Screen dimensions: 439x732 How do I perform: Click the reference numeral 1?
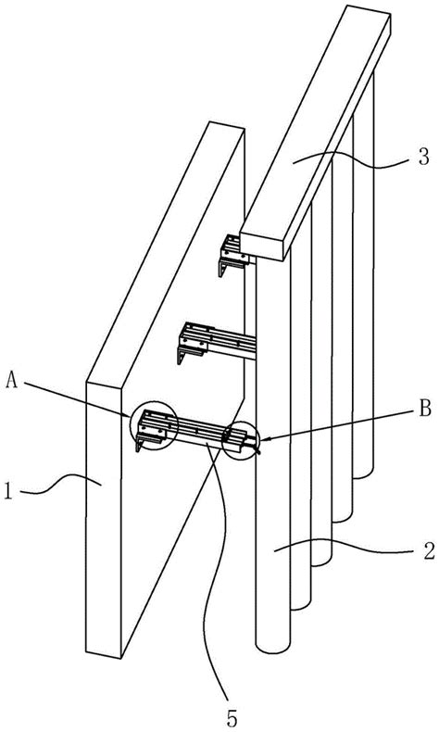pos(9,493)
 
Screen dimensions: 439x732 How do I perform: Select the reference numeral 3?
pos(422,158)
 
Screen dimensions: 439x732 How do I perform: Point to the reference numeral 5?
pos(232,719)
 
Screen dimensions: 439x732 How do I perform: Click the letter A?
pos(13,382)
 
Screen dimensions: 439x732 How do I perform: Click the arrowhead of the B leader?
pos(261,438)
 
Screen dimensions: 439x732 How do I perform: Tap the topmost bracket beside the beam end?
pos(232,255)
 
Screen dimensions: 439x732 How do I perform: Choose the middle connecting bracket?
pos(216,342)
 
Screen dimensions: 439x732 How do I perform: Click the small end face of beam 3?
pos(261,245)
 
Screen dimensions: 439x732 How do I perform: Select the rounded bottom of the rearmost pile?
pos(363,473)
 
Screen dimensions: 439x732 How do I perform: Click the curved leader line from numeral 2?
pos(345,546)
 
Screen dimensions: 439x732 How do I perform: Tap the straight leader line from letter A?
pos(77,398)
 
